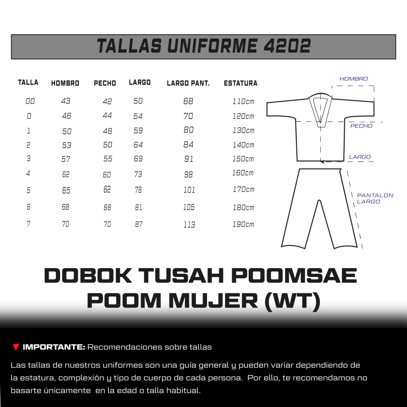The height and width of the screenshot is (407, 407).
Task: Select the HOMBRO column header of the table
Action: click(x=65, y=83)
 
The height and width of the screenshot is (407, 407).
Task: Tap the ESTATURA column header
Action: click(x=240, y=83)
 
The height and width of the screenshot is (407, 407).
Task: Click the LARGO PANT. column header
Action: click(x=188, y=83)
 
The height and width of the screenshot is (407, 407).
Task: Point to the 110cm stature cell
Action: click(x=243, y=101)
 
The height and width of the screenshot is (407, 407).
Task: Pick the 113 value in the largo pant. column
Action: click(x=189, y=225)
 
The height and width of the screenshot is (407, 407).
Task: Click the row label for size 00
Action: click(x=30, y=101)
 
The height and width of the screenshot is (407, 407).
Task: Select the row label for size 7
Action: click(x=29, y=224)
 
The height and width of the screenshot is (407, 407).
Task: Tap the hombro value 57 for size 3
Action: click(x=66, y=159)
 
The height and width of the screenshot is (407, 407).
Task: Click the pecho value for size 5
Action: click(x=107, y=190)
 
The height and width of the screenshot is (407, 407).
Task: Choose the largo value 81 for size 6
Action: click(x=138, y=207)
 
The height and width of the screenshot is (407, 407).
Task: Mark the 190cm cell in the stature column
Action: click(x=243, y=224)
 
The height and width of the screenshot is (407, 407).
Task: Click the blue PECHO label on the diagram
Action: click(x=361, y=126)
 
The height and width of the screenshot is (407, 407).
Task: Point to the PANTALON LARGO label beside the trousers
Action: click(x=375, y=198)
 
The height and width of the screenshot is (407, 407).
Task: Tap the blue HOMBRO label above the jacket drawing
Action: click(x=353, y=79)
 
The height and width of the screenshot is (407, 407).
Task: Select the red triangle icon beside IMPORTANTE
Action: click(x=16, y=347)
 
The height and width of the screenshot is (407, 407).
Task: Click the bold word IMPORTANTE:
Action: click(x=54, y=347)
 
